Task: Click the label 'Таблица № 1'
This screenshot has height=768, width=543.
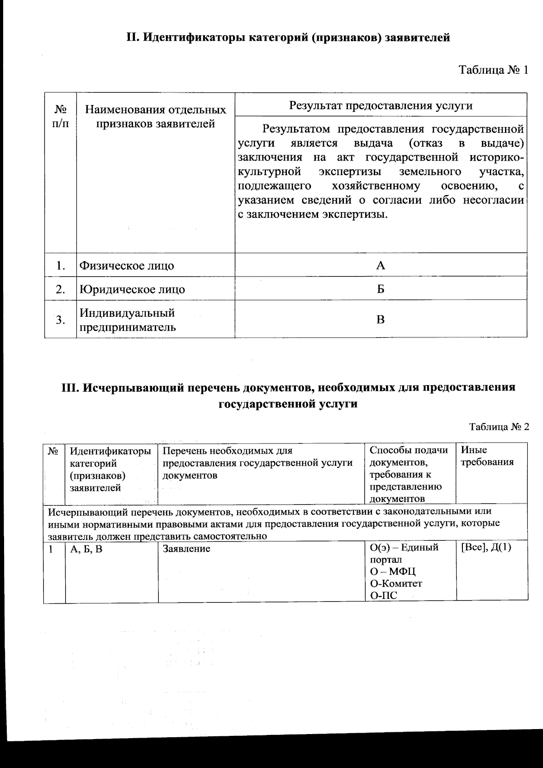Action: tap(493, 71)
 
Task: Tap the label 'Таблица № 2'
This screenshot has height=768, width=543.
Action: tap(499, 427)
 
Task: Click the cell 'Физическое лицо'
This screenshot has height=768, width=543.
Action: tap(127, 266)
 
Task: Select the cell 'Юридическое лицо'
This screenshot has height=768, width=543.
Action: tap(132, 289)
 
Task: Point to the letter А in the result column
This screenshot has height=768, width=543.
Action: tap(381, 265)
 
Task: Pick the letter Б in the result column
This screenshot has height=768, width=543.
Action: tap(381, 289)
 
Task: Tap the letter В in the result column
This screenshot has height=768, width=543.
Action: tap(381, 320)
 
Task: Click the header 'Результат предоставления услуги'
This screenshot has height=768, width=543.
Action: tap(381, 105)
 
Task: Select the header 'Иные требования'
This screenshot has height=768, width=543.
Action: tap(487, 456)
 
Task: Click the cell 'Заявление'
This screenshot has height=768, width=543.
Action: tap(186, 549)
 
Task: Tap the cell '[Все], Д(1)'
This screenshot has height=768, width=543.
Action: tap(486, 548)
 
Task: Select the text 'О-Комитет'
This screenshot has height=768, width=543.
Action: tap(396, 584)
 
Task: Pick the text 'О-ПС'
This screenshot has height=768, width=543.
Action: tap(384, 596)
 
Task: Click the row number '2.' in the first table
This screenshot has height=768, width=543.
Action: tap(61, 289)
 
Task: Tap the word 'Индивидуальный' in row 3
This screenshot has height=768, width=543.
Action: tap(127, 313)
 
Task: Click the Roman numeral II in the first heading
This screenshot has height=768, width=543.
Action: tap(131, 38)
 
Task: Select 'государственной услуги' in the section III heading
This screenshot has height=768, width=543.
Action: tap(288, 404)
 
